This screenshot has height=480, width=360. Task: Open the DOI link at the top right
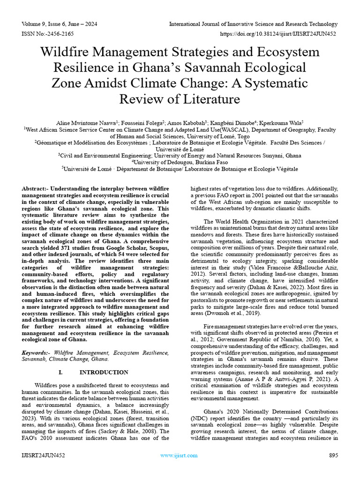pyautogui.click(x=278, y=34)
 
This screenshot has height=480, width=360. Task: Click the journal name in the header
pyautogui.click(x=253, y=24)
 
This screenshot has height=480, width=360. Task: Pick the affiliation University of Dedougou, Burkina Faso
pyautogui.click(x=180, y=162)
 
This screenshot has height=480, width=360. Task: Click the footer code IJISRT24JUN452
pyautogui.click(x=44, y=455)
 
